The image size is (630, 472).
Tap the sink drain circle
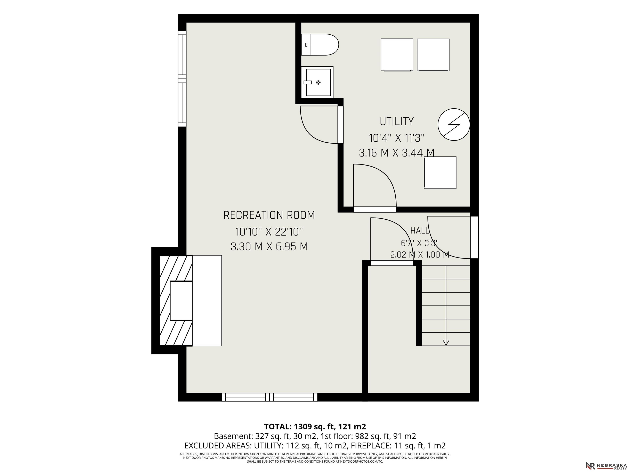click(x=318, y=83)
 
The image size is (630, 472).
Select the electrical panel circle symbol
click(x=454, y=124)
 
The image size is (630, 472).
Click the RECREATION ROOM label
click(x=269, y=215)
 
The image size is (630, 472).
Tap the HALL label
click(x=420, y=230)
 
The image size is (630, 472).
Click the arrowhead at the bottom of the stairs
click(x=446, y=343)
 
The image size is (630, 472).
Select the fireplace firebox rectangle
click(x=181, y=301)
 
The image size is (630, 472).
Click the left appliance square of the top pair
click(x=397, y=55)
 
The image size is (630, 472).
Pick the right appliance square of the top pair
click(x=433, y=55)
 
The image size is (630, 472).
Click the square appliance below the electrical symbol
click(x=440, y=173)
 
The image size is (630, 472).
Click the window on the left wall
click(x=182, y=78)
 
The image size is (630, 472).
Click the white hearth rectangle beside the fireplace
click(x=207, y=301)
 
